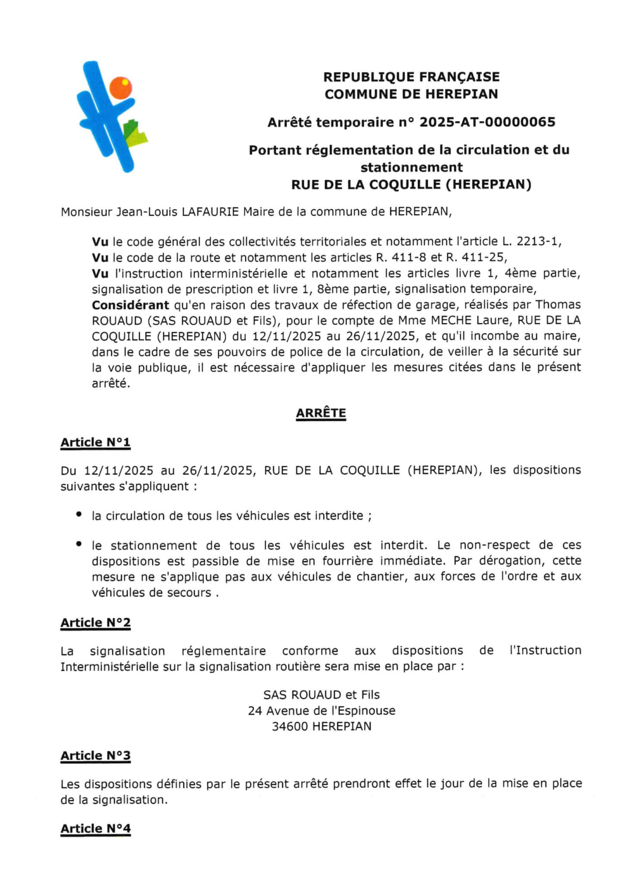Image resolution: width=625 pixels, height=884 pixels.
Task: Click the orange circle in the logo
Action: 120,88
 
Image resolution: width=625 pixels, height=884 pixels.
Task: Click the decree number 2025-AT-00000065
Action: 487,123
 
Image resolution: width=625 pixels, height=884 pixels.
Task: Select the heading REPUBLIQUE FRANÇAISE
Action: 411,77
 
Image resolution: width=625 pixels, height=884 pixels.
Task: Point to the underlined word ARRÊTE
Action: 321,413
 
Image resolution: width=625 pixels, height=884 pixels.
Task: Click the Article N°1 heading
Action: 95,442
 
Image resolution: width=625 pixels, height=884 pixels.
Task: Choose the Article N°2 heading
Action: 95,622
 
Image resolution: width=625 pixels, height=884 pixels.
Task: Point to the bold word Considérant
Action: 130,305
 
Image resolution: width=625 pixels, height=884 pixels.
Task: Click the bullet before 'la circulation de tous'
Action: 79,515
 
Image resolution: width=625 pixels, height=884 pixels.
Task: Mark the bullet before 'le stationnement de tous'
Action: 79,544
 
